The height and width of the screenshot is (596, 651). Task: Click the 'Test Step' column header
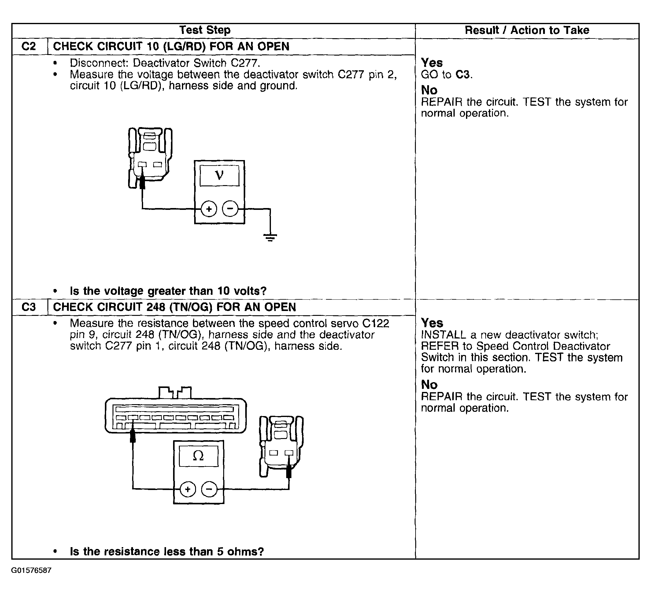205,30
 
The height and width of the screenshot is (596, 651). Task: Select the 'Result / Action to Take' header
527,30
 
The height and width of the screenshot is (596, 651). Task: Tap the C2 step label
29,46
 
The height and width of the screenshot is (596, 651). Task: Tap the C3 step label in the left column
29,307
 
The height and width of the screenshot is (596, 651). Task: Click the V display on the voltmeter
219,176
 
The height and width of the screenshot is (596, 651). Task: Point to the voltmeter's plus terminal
209,209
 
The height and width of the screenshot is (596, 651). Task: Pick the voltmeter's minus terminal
230,209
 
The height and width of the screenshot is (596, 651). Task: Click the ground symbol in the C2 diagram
270,238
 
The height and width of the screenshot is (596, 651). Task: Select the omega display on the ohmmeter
198,456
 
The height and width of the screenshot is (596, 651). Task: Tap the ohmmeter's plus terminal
188,489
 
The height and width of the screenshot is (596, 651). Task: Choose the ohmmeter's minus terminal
209,489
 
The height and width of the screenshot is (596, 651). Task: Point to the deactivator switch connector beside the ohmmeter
281,445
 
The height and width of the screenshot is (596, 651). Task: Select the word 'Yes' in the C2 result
432,63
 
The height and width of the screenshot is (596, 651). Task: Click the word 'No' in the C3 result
429,385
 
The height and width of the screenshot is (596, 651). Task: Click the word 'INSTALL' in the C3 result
443,335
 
